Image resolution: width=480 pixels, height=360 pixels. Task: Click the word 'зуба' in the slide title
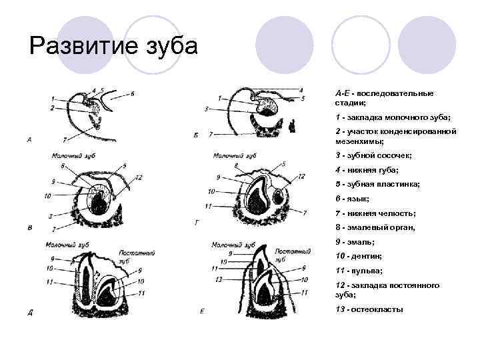pos(170,47)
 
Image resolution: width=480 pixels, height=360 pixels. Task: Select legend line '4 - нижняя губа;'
pos(364,169)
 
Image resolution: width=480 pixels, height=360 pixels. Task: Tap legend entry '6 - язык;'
pos(353,199)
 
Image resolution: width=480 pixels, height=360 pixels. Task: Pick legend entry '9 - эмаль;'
pos(355,241)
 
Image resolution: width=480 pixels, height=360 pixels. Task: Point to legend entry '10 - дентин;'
pos(358,256)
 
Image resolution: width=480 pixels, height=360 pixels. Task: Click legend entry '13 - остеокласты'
pos(369,309)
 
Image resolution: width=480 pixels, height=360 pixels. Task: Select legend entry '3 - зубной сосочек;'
pos(373,155)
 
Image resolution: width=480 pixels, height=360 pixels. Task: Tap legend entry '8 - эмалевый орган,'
pos(375,227)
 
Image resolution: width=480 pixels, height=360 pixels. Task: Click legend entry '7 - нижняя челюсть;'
pos(375,213)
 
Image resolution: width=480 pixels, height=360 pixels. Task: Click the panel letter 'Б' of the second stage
pos(195,135)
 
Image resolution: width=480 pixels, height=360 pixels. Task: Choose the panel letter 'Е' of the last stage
pos(202,311)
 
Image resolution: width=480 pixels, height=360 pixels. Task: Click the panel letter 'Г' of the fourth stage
pos(197,223)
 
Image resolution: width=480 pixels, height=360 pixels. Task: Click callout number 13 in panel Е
pos(218,279)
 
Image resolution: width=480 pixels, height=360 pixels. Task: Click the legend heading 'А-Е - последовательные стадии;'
pos(384,98)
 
